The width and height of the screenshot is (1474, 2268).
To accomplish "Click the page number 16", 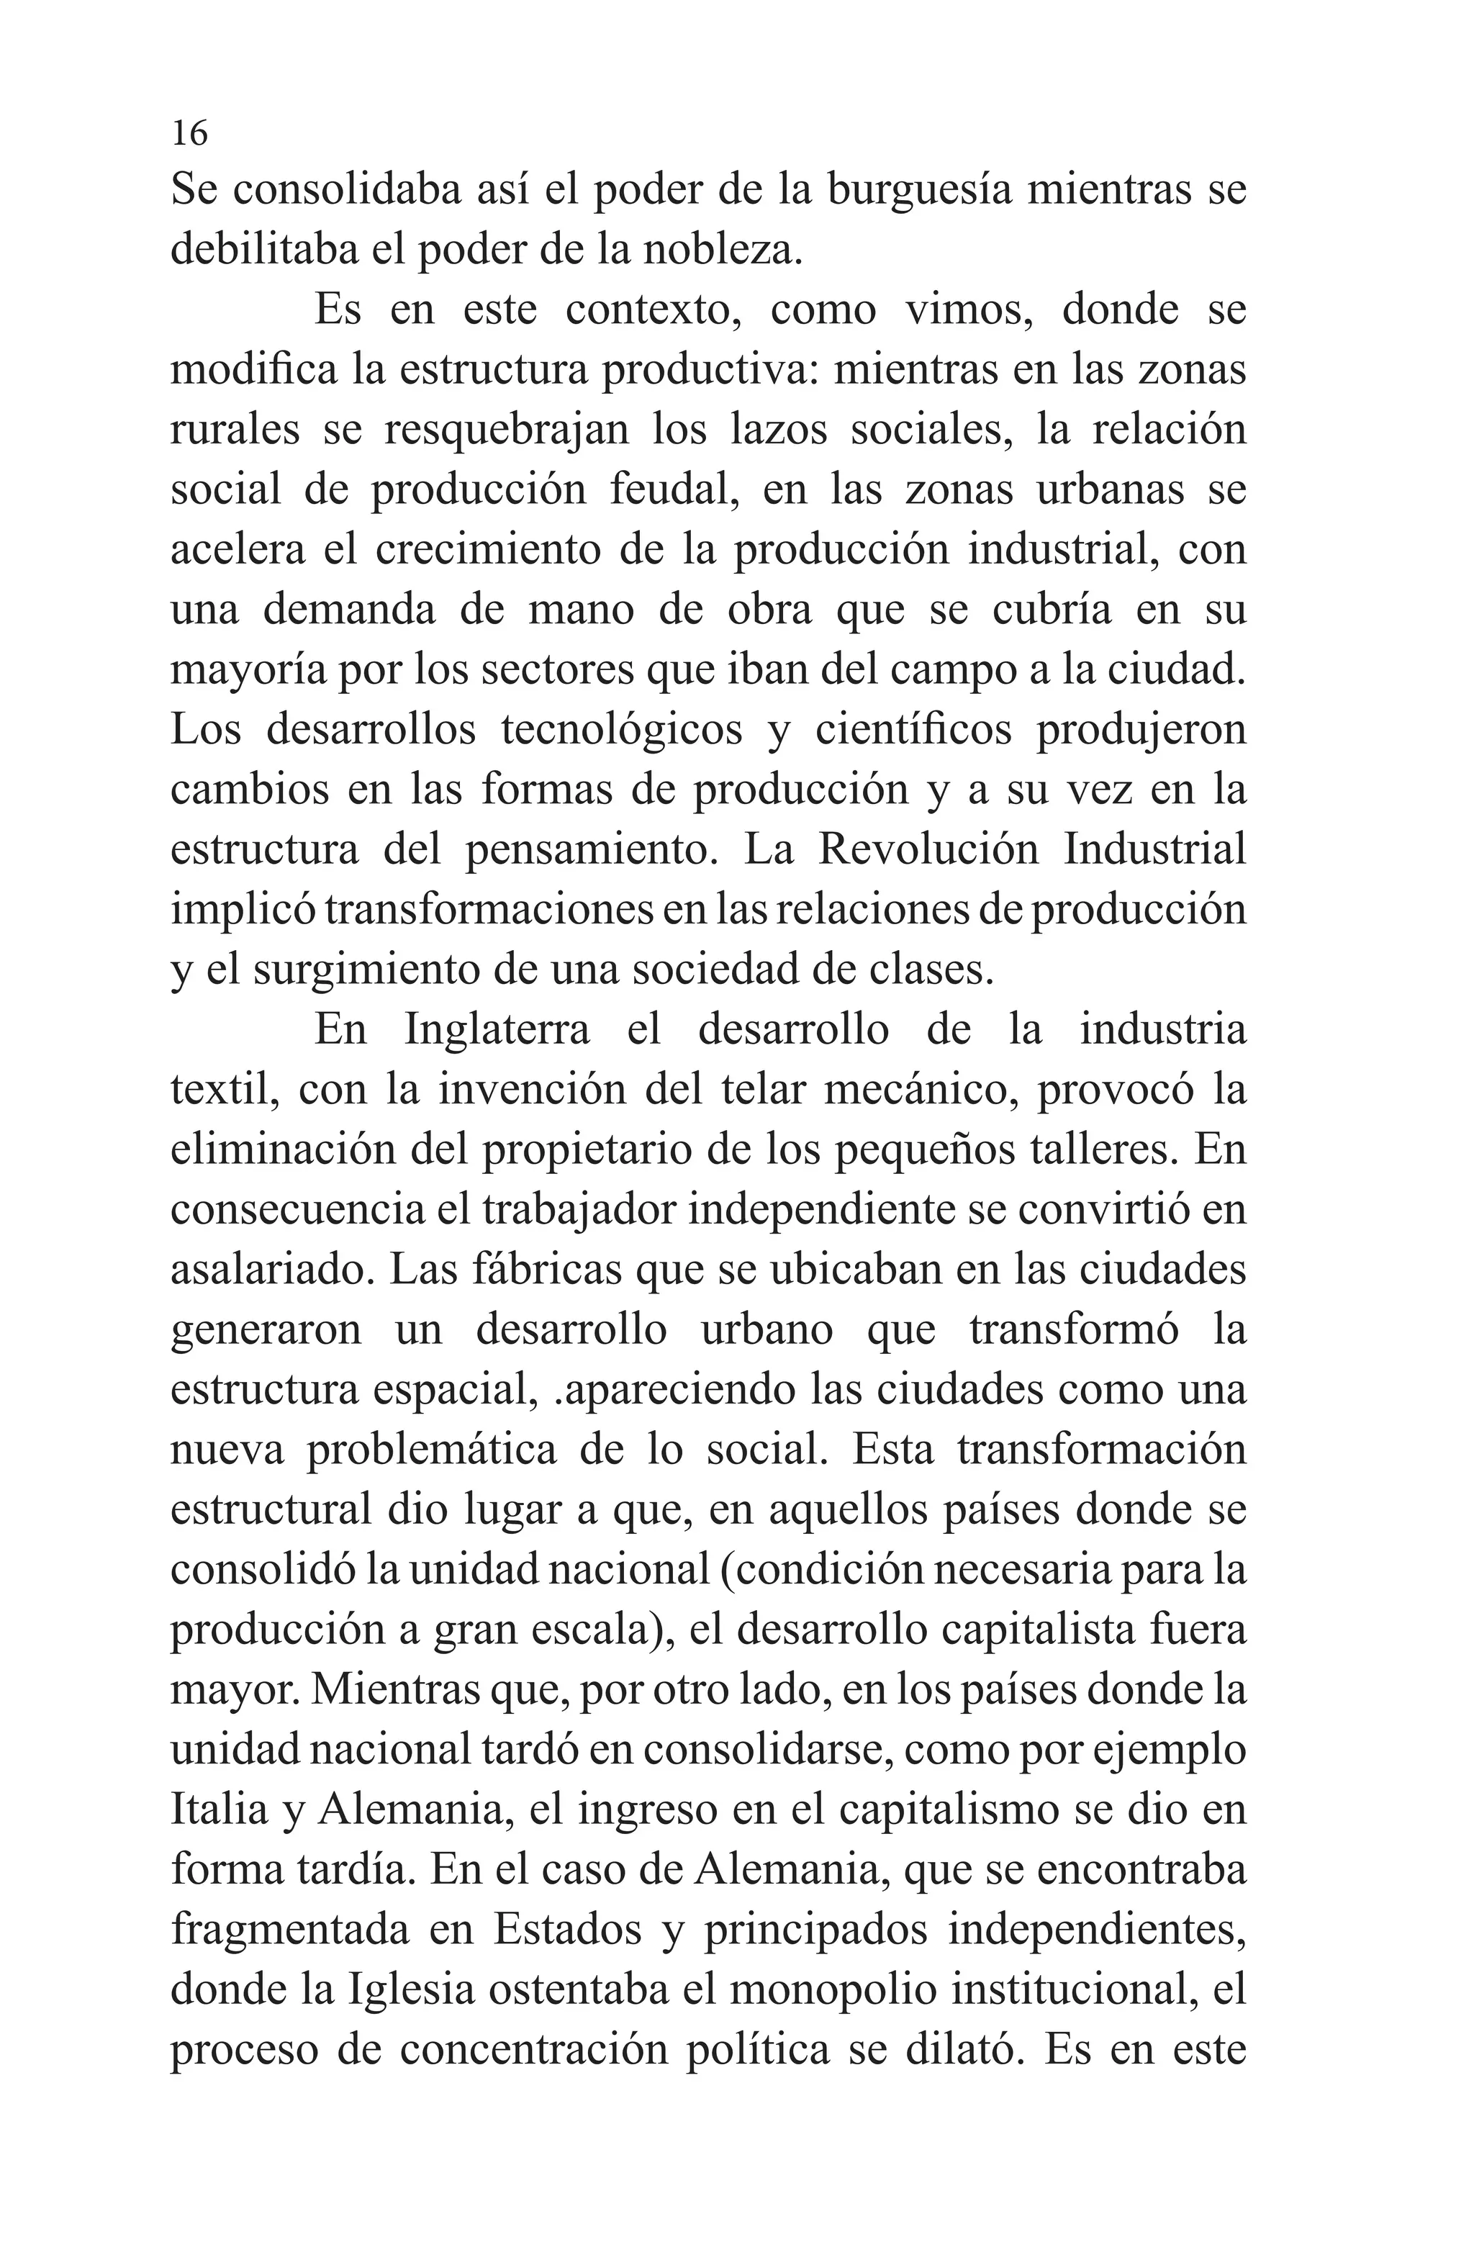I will (189, 132).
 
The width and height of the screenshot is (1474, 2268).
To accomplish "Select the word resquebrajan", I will (506, 430).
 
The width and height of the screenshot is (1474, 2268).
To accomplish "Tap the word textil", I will (224, 1090).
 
